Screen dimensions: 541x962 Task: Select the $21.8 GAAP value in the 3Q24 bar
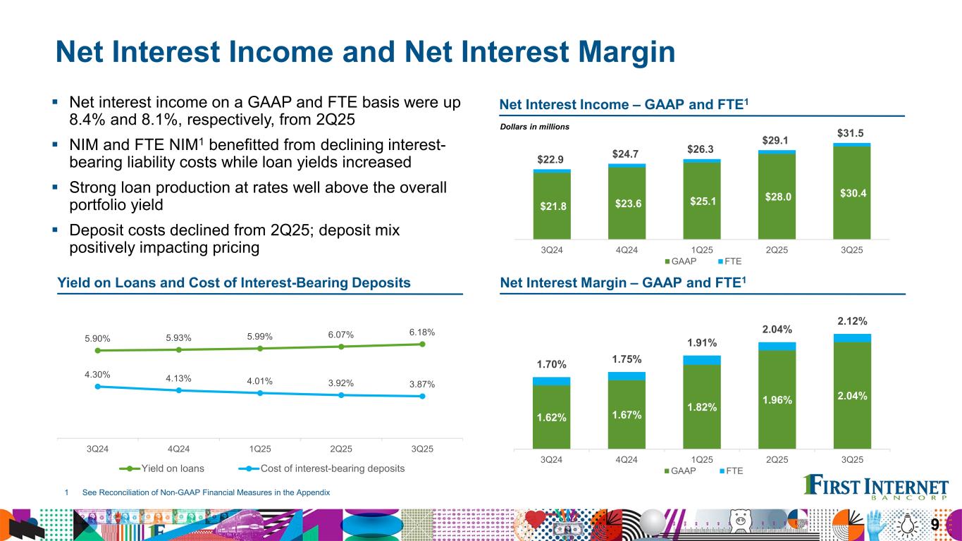pyautogui.click(x=552, y=206)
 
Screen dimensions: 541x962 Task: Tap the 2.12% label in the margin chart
pyautogui.click(x=852, y=322)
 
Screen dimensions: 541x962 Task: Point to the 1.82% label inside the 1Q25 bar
pyautogui.click(x=702, y=407)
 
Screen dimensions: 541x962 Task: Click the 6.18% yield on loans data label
pyautogui.click(x=421, y=332)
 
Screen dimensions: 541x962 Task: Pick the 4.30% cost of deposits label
pyautogui.click(x=97, y=374)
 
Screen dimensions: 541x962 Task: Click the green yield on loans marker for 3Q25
pyautogui.click(x=422, y=344)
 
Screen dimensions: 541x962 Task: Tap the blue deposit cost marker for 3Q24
pyautogui.click(x=97, y=386)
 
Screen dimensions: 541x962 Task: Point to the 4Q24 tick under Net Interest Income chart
pyautogui.click(x=627, y=250)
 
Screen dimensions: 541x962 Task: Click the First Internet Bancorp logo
pyautogui.click(x=876, y=487)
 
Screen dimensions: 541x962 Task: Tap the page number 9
pyautogui.click(x=935, y=525)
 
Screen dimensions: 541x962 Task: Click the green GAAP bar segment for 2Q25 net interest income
pyautogui.click(x=777, y=197)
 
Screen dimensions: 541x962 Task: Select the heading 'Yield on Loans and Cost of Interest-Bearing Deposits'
pyautogui.click(x=233, y=282)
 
